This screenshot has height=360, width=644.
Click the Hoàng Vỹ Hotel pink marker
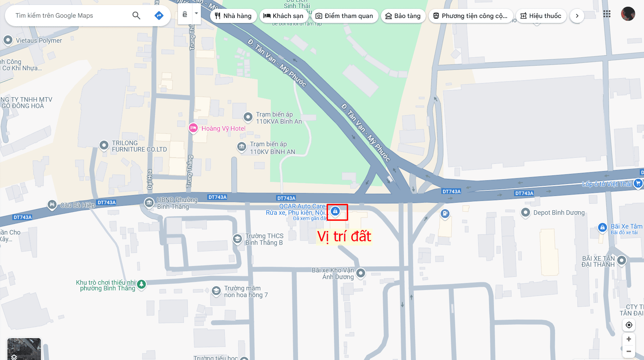pos(193,128)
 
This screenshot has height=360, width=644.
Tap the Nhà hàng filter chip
pos(233,16)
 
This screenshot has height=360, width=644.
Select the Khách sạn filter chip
pos(283,16)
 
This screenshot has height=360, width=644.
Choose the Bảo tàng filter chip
pos(403,16)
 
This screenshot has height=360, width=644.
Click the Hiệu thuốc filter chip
pos(541,16)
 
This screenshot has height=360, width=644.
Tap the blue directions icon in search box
pos(159,16)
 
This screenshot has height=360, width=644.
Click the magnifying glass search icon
pos(136,16)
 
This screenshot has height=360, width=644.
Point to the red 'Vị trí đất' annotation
pos(344,236)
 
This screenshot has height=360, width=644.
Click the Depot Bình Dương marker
pos(525,212)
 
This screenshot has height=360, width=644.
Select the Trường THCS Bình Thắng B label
pos(264,239)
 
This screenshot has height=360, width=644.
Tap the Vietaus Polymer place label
pos(39,41)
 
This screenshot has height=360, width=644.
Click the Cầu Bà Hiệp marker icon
pos(52,205)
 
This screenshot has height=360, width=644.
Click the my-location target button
pos(628,325)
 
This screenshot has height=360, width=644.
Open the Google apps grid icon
pos(607,14)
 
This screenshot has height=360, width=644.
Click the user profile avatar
pos(628,14)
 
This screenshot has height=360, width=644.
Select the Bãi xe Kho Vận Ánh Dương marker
pos(360,273)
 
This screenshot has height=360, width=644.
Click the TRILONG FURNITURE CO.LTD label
pos(139,146)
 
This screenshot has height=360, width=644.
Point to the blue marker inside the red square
pos(335,211)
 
